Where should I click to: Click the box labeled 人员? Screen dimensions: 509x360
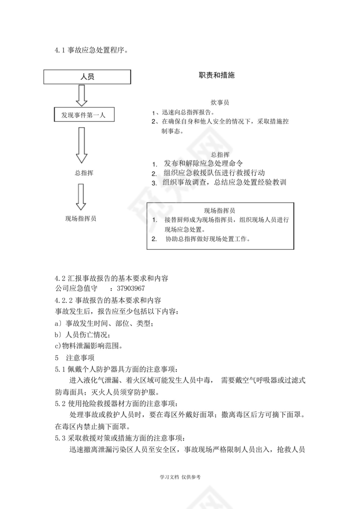click(x=88, y=77)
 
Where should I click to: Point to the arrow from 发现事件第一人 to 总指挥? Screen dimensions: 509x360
click(x=82, y=145)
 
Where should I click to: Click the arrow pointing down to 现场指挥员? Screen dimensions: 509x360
click(x=81, y=196)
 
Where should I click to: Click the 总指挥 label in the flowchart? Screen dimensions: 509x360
click(x=84, y=173)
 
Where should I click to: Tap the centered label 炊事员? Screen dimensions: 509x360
click(x=220, y=103)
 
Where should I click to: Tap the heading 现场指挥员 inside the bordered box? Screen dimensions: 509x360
click(x=220, y=211)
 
